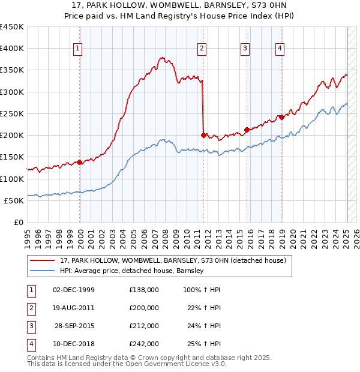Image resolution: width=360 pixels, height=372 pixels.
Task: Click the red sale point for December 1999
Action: pos(80,162)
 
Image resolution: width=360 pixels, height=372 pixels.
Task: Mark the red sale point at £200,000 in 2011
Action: pos(203,135)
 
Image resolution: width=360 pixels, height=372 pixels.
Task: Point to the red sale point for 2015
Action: pos(247,130)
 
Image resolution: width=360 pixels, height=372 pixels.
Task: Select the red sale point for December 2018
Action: pos(281,117)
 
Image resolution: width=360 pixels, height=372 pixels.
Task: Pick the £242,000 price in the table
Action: pos(144,344)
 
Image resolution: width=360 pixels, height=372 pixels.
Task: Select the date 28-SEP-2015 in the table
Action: pos(74,326)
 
